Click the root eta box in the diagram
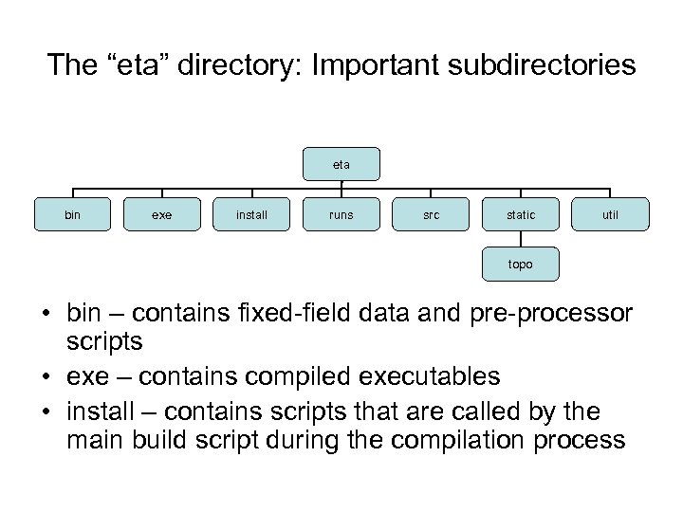click(x=341, y=165)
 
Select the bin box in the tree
click(x=72, y=215)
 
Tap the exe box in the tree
click(x=162, y=215)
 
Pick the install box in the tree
click(x=251, y=215)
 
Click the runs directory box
click(x=341, y=215)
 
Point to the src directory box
click(x=431, y=215)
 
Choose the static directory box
click(x=520, y=215)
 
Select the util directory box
click(x=610, y=215)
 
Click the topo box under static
click(x=520, y=265)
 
